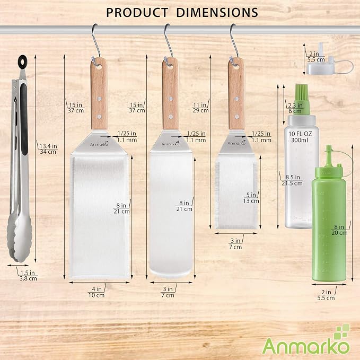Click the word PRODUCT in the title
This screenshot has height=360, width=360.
(x=137, y=12)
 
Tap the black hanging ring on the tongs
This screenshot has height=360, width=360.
(x=22, y=61)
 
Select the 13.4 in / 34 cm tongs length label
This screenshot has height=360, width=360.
(x=48, y=149)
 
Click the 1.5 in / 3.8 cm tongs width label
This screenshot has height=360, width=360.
(x=28, y=276)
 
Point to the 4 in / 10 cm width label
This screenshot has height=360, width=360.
(x=96, y=292)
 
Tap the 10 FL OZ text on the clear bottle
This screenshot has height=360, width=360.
(x=300, y=134)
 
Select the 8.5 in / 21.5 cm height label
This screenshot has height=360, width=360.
(x=292, y=180)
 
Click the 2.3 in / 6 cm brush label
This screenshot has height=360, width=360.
(x=295, y=108)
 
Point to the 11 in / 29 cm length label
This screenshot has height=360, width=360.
(x=200, y=108)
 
